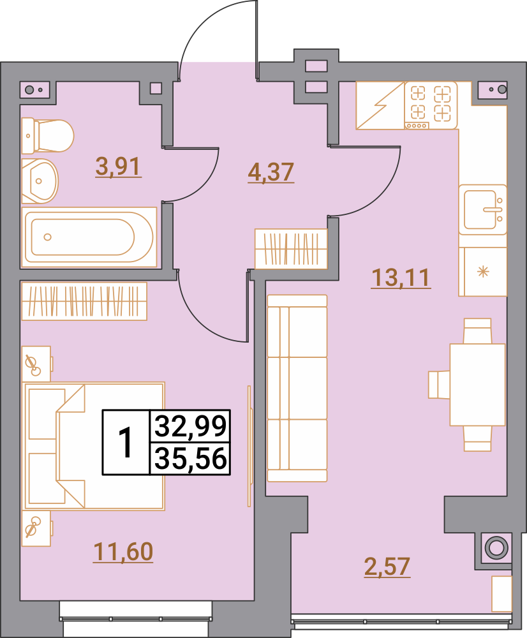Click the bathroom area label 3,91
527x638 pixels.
[x=119, y=167]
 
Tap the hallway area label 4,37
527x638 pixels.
[x=271, y=172]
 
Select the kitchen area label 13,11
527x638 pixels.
[x=401, y=278]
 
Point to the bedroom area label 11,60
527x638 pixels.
[x=123, y=552]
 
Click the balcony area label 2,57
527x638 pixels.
[x=387, y=567]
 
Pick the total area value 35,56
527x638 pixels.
[x=191, y=459]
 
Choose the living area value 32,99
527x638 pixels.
[x=191, y=426]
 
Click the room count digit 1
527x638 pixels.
[x=126, y=443]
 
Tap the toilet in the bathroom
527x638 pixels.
[x=47, y=136]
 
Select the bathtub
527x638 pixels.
[x=89, y=237]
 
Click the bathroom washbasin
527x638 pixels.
[x=40, y=181]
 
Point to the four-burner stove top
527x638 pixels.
[x=431, y=105]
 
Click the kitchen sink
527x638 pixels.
[x=482, y=210]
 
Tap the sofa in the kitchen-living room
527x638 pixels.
[x=297, y=389]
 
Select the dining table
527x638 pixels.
[x=478, y=385]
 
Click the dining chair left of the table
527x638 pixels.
[x=439, y=385]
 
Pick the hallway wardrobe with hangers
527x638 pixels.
[x=291, y=249]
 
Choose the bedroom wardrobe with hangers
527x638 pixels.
[x=84, y=301]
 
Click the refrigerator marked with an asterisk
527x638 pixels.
[x=482, y=271]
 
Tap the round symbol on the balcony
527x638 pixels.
[x=496, y=547]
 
